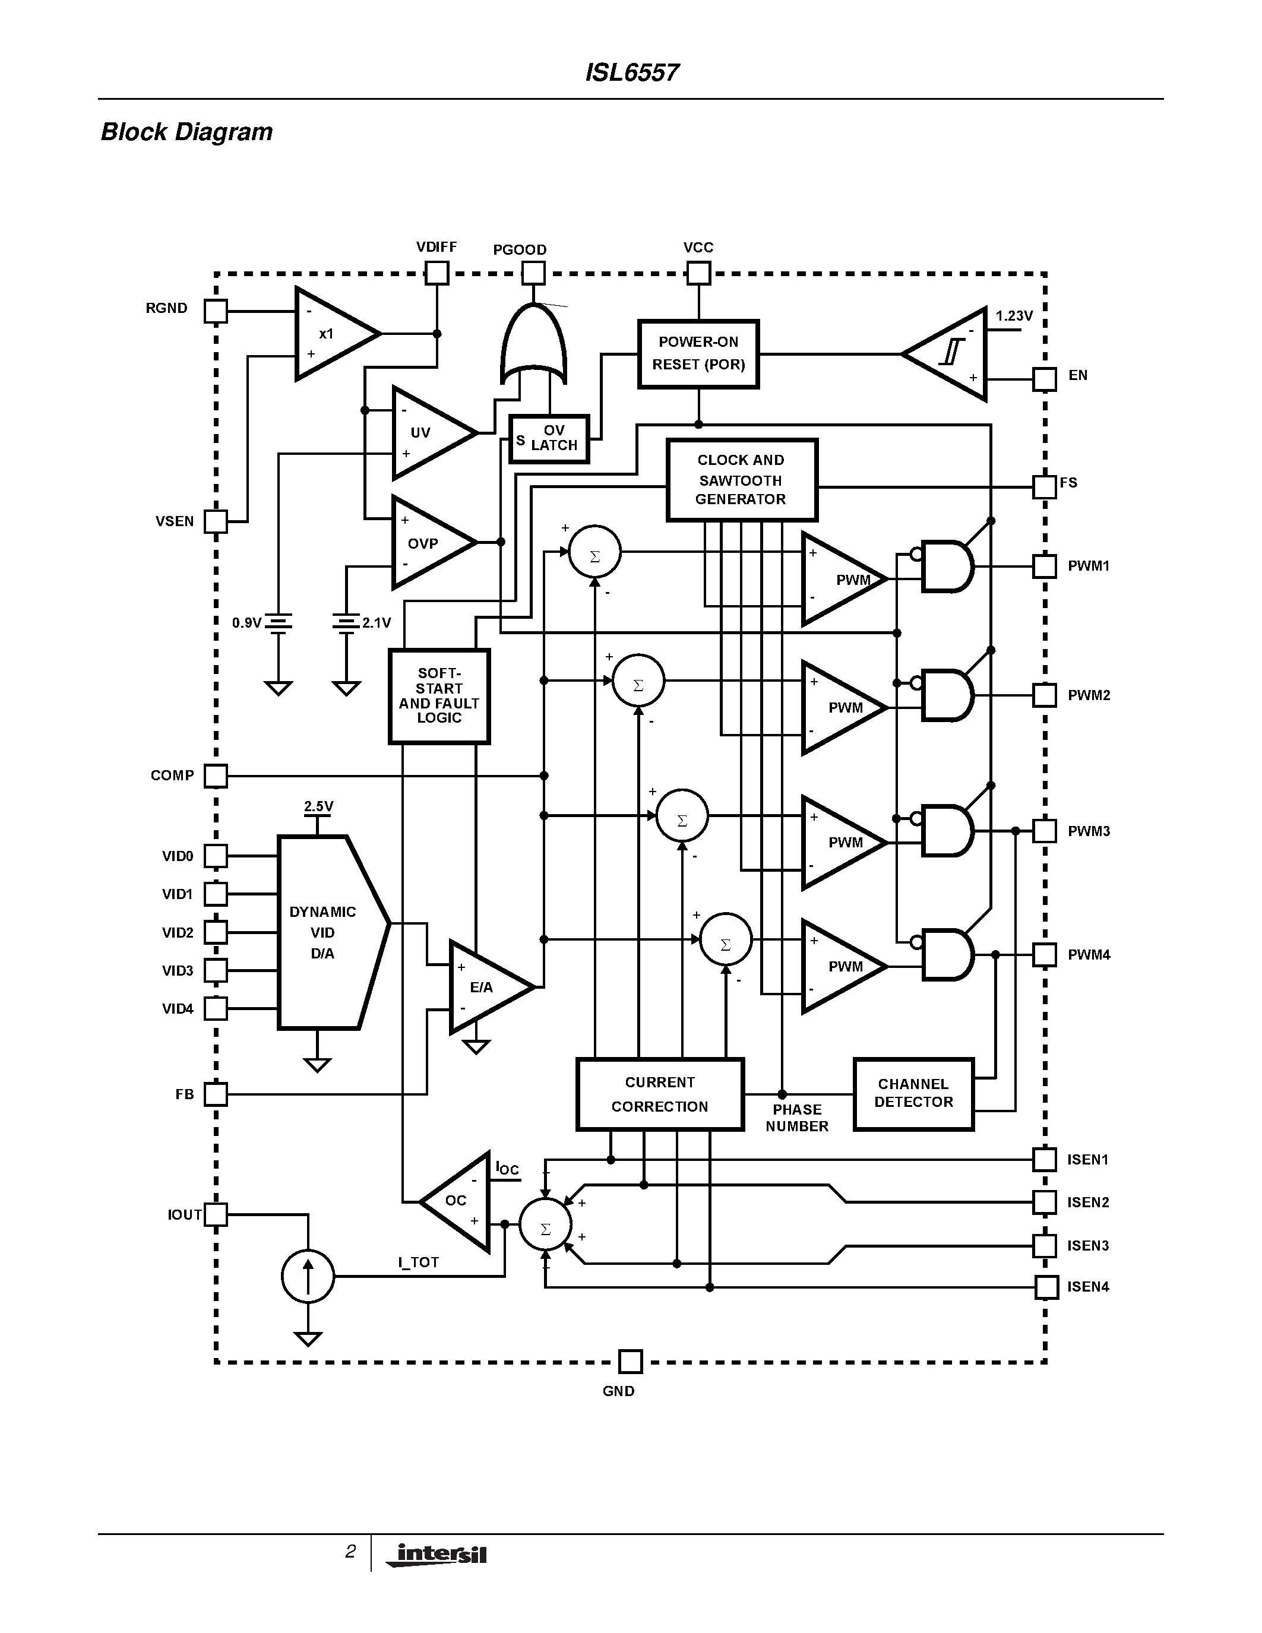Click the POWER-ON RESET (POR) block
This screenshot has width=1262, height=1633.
pyautogui.click(x=698, y=354)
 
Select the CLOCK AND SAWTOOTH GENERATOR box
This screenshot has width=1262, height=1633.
pyautogui.click(x=741, y=479)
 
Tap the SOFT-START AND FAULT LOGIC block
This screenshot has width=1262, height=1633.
pyautogui.click(x=439, y=695)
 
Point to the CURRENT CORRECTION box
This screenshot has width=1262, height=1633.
pyautogui.click(x=659, y=1094)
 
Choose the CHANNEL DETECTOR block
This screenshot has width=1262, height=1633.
pyautogui.click(x=913, y=1093)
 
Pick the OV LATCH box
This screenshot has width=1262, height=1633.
pyautogui.click(x=549, y=439)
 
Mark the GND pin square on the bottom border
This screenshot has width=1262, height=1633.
pyautogui.click(x=630, y=1362)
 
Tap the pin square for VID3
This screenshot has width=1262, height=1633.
pyautogui.click(x=216, y=970)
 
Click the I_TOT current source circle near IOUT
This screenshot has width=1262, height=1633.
pyautogui.click(x=308, y=1276)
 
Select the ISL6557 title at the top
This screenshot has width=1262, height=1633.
pyautogui.click(x=632, y=72)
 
